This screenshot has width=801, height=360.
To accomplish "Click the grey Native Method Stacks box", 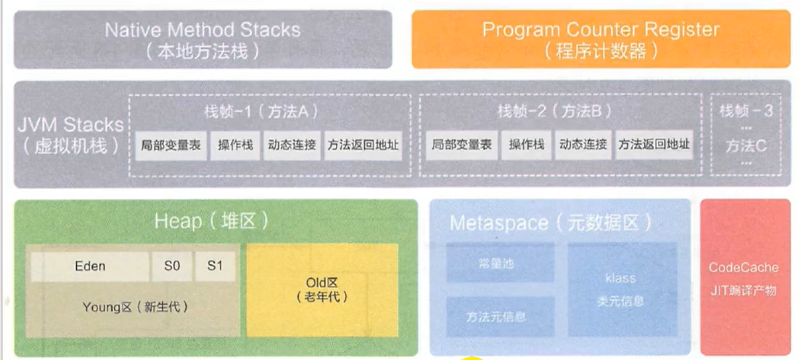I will (203, 39).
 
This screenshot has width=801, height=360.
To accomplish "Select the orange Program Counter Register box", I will (600, 39).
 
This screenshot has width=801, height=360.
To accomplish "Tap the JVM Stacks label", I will (70, 134).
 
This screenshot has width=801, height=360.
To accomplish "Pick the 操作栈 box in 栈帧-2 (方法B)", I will (527, 145).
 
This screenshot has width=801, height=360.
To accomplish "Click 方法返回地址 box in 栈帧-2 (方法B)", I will (653, 145).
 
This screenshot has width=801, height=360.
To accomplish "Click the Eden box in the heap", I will (89, 267).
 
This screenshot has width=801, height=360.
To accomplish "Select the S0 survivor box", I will (172, 267).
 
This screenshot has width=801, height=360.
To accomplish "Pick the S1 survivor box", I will (215, 267).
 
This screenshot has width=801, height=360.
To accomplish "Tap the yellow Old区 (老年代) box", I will (321, 289).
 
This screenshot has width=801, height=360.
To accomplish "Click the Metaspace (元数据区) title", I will (551, 223).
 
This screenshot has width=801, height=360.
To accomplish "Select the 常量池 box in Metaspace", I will (500, 263).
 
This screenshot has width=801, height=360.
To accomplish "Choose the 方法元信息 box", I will (500, 317).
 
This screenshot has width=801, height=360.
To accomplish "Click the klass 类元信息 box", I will (620, 289).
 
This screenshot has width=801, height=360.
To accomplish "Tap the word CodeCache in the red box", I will (744, 268).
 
